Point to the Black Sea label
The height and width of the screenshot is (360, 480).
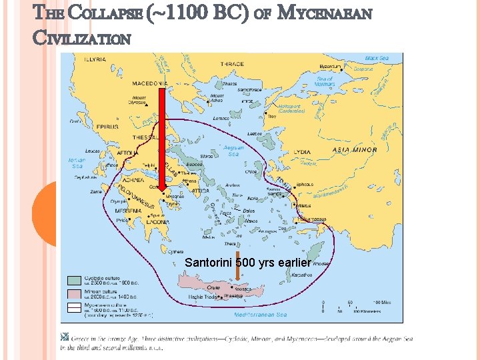pos(376,58)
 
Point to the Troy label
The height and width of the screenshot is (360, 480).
pos(271,117)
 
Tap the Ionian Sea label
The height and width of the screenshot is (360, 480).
pos(77,163)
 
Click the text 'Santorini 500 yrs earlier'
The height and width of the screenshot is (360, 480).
pos(247,263)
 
